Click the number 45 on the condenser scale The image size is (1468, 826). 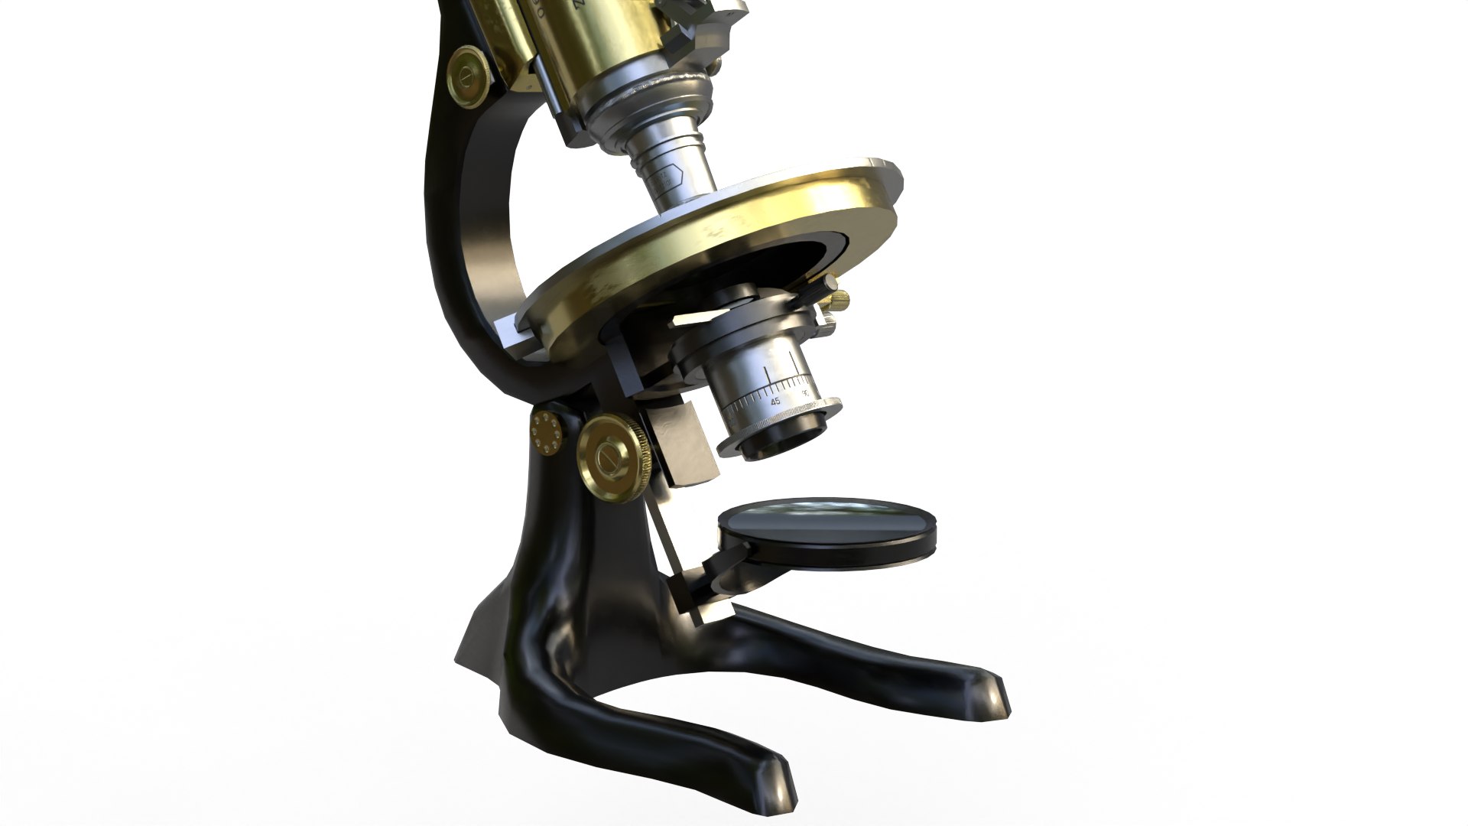pyautogui.click(x=775, y=401)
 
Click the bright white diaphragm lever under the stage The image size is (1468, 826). pyautogui.click(x=700, y=316)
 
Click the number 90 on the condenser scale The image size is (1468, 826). pyautogui.click(x=805, y=392)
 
